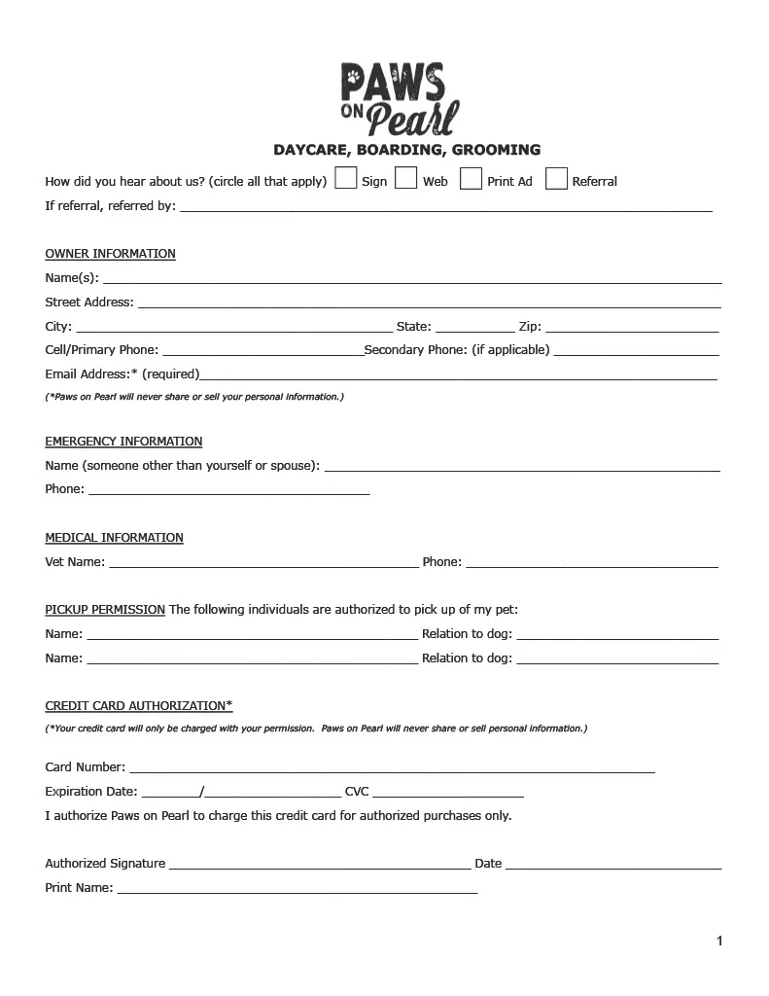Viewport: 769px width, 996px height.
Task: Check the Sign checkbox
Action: pyautogui.click(x=345, y=179)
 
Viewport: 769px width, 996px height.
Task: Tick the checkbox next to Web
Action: pyautogui.click(x=406, y=179)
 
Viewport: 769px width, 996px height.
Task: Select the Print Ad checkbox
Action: pyautogui.click(x=471, y=179)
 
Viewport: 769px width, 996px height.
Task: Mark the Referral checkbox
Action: pyautogui.click(x=556, y=179)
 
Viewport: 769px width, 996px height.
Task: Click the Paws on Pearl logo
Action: pyautogui.click(x=399, y=98)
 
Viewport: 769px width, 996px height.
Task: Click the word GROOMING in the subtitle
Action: pyautogui.click(x=496, y=150)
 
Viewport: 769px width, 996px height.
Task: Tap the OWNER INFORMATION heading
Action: pyautogui.click(x=110, y=254)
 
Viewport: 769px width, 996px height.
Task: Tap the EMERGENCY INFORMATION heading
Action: pyautogui.click(x=123, y=442)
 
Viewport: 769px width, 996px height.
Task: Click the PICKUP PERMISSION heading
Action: pyautogui.click(x=105, y=610)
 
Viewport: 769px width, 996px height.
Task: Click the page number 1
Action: pyautogui.click(x=719, y=941)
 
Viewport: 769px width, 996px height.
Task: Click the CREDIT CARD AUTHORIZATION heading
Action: pyautogui.click(x=139, y=706)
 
